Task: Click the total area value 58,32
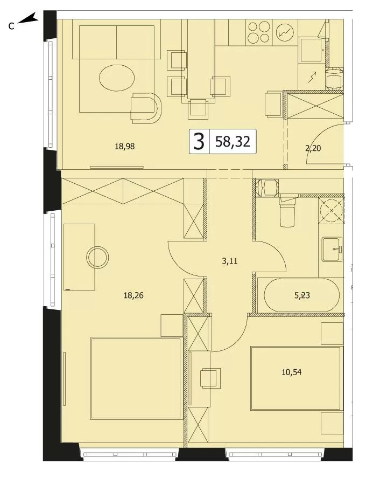(x=233, y=141)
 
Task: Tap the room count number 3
(x=199, y=142)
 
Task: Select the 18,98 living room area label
(x=125, y=147)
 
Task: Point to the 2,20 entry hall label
(x=313, y=148)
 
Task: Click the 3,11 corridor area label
(x=230, y=261)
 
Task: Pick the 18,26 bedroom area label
(x=133, y=295)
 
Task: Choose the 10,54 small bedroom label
(x=292, y=372)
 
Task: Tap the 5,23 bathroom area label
(x=302, y=295)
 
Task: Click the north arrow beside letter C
(x=27, y=19)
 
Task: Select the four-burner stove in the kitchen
(x=259, y=32)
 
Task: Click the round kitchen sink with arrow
(x=285, y=32)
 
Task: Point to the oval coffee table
(x=117, y=78)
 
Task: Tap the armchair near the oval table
(x=145, y=108)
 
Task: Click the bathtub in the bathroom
(x=301, y=295)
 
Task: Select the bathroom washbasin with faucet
(x=332, y=250)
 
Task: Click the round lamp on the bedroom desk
(x=97, y=257)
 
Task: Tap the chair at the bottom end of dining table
(x=198, y=109)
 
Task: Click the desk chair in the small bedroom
(x=210, y=378)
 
